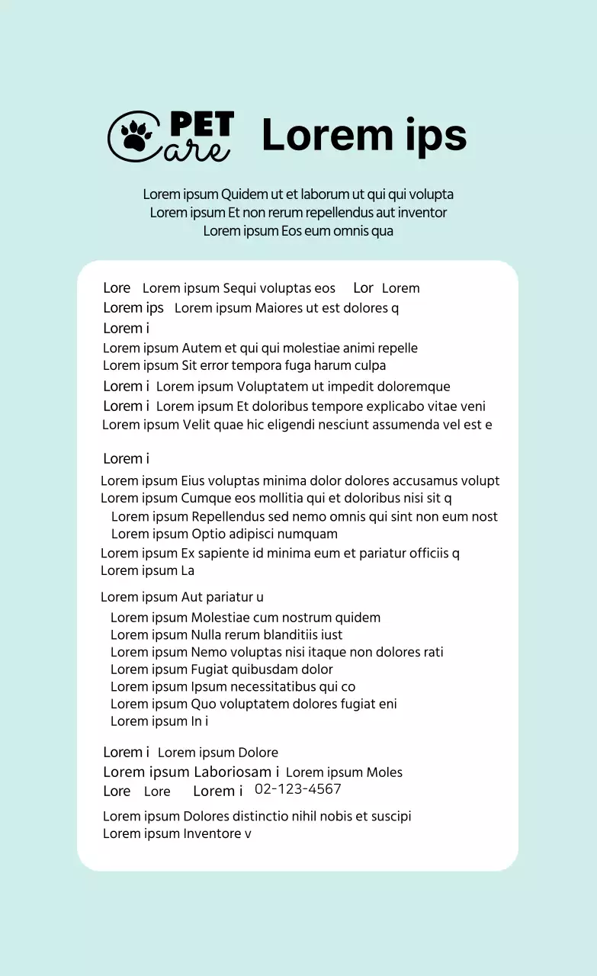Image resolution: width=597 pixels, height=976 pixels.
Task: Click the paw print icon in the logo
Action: pyautogui.click(x=136, y=136)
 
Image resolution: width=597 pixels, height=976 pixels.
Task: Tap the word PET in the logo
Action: pyautogui.click(x=201, y=124)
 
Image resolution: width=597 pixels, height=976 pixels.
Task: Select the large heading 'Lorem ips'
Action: pyautogui.click(x=364, y=136)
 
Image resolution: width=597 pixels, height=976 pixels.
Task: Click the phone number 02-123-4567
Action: pyautogui.click(x=298, y=789)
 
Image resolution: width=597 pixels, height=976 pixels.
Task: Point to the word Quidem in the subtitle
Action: pyautogui.click(x=244, y=194)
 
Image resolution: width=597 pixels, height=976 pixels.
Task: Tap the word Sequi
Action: pyautogui.click(x=239, y=288)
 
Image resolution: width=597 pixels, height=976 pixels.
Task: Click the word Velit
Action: pyautogui.click(x=197, y=425)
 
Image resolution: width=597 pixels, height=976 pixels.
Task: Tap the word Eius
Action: pyautogui.click(x=194, y=481)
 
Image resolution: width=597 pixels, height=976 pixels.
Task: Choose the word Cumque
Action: pyautogui.click(x=204, y=499)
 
